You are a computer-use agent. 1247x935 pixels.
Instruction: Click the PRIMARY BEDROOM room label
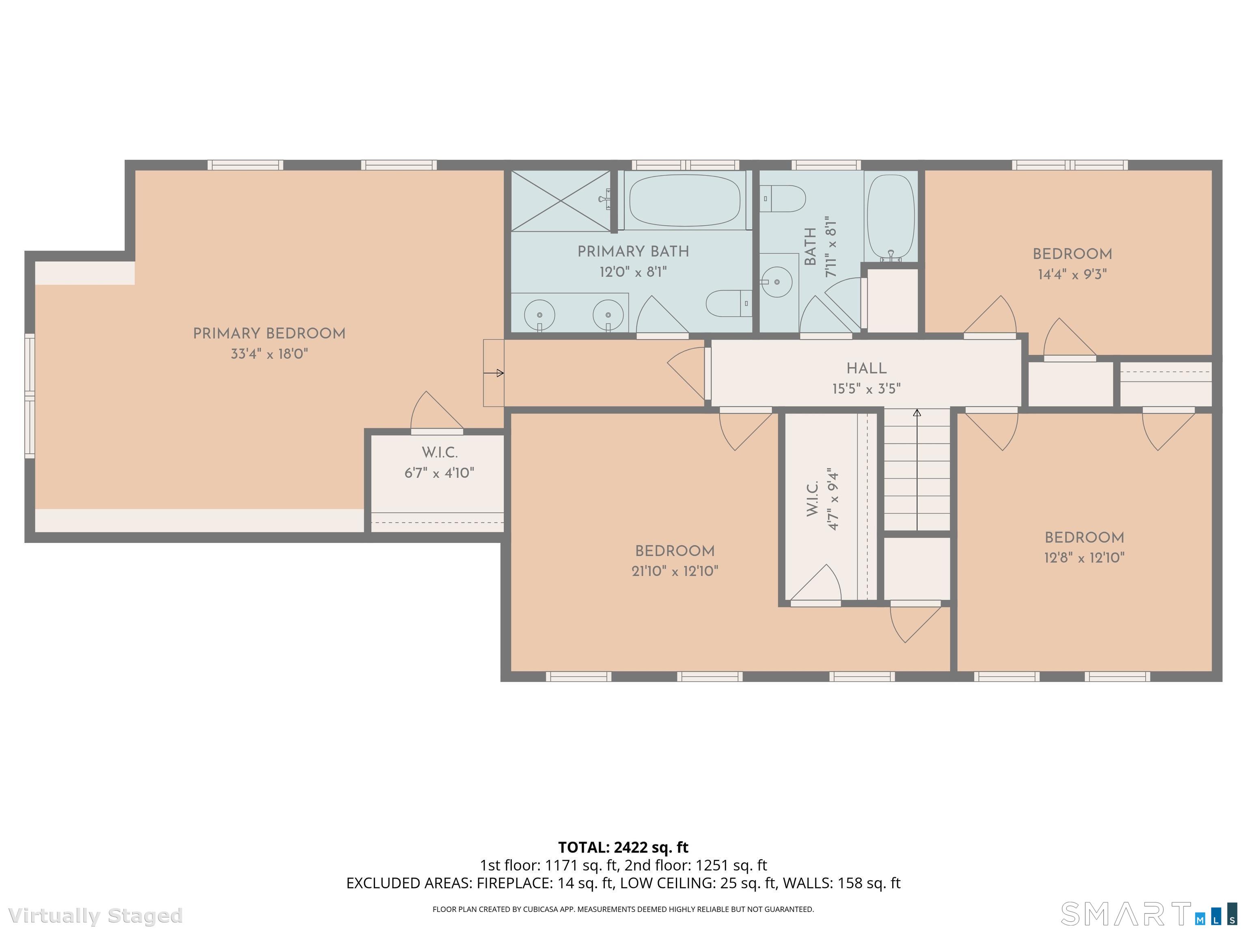point(269,334)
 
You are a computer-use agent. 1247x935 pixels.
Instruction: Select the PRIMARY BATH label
point(633,251)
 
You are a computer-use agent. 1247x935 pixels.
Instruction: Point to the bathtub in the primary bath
point(684,200)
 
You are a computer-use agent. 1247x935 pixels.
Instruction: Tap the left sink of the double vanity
point(539,315)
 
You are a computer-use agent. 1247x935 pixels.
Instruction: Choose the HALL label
point(867,368)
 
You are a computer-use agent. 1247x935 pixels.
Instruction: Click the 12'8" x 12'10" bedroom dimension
point(1084,558)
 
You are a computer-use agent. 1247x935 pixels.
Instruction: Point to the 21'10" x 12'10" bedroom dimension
point(675,571)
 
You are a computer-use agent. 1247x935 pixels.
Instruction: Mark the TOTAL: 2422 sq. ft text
point(623,847)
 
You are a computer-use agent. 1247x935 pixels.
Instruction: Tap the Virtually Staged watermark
point(96,915)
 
